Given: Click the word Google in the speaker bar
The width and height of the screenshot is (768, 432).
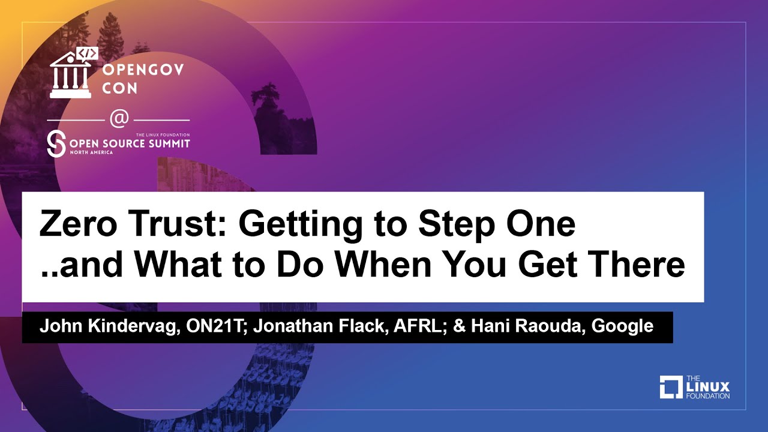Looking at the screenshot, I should point(623,327).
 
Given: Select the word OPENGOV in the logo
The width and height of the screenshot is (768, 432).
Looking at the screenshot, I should point(143,70).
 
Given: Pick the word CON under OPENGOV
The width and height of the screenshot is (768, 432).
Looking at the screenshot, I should point(120,88).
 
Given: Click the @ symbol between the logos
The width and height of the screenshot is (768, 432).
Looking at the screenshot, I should point(119,119).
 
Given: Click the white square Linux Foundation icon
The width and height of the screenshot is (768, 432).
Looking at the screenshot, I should point(671,387).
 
